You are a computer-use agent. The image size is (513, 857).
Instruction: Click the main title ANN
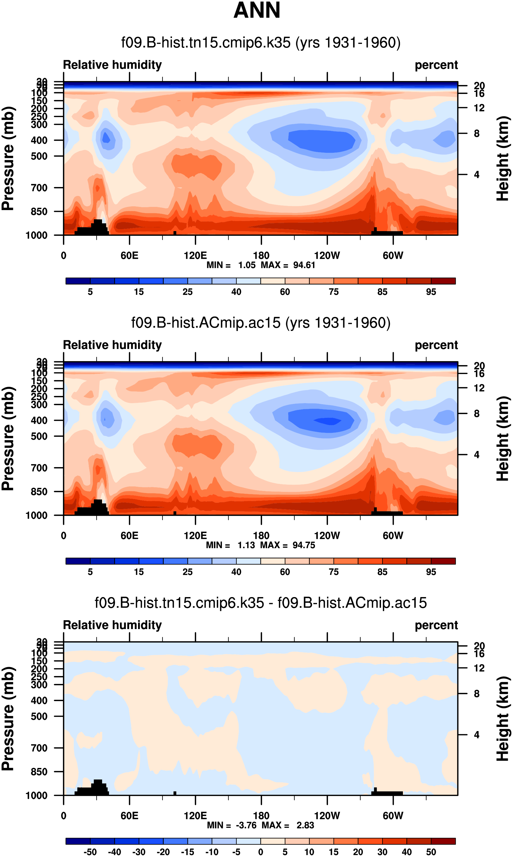tap(256, 10)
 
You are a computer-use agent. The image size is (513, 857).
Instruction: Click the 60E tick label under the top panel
tap(129, 255)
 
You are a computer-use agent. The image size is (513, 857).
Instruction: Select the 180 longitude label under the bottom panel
tap(261, 816)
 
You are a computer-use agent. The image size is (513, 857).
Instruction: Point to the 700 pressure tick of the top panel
tap(39, 188)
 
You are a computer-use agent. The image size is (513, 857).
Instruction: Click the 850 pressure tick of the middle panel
tap(39, 491)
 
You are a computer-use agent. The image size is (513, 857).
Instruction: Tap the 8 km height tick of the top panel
tap(476, 133)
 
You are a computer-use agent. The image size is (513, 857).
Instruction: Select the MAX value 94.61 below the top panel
tap(304, 265)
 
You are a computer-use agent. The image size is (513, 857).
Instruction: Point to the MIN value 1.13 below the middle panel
tap(246, 545)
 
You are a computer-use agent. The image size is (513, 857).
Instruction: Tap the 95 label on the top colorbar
tap(431, 292)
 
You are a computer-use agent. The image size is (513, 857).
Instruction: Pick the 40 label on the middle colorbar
tap(236, 572)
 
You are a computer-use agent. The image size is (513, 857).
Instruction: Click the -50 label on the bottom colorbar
tap(90, 852)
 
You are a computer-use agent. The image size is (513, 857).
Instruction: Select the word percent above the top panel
tap(436, 65)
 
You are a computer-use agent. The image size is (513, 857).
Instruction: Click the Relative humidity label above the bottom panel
tap(112, 625)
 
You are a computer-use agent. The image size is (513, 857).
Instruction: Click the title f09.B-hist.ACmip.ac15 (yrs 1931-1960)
tap(261, 323)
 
